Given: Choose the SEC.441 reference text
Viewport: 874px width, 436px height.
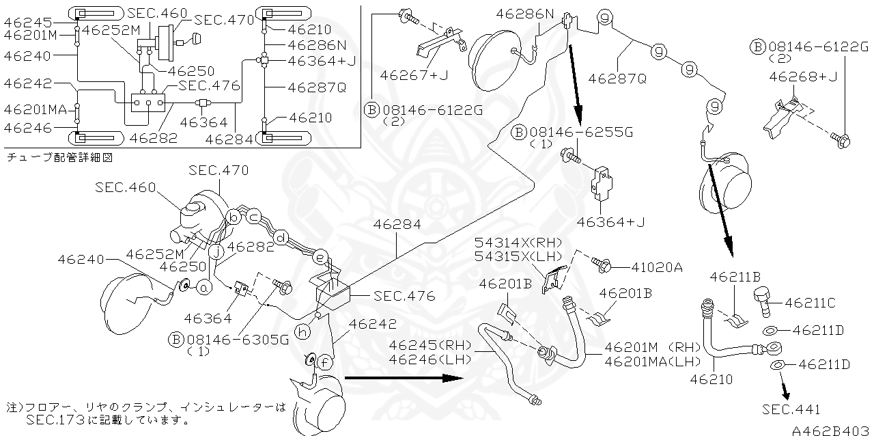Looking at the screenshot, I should (x=792, y=410).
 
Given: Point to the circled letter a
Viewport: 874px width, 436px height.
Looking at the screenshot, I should (x=203, y=288).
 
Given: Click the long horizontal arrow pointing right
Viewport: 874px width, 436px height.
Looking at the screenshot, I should (x=403, y=377).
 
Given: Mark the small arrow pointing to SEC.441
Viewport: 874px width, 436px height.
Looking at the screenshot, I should (x=787, y=392).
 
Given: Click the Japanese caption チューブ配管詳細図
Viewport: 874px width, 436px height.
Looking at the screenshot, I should (x=59, y=156).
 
